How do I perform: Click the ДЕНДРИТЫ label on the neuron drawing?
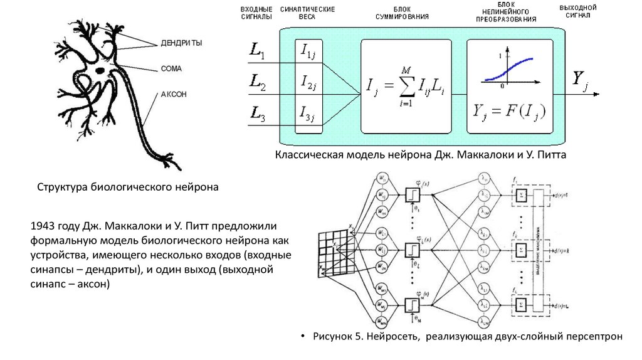[x=182, y=43]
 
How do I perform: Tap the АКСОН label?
[x=174, y=94]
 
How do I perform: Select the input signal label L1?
[x=257, y=51]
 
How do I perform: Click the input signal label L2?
[x=257, y=82]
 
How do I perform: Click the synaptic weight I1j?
[x=308, y=51]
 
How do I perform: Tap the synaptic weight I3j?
[x=308, y=114]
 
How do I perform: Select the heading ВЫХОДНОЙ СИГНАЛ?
[x=577, y=11]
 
